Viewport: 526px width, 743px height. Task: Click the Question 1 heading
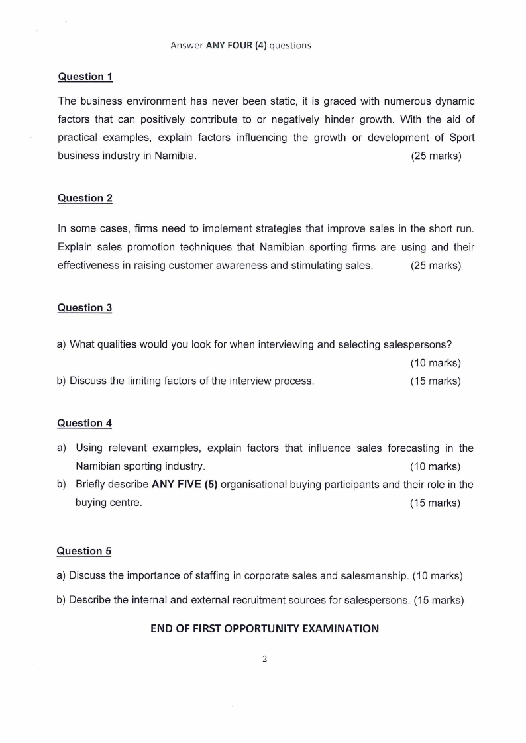(x=85, y=77)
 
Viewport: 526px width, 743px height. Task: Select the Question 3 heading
(x=85, y=308)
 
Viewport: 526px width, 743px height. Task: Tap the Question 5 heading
(x=84, y=551)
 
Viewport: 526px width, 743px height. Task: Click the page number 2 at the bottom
(x=264, y=659)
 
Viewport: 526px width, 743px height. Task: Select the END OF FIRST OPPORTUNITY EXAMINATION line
(x=264, y=629)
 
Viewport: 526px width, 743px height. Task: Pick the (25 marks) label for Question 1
(x=436, y=156)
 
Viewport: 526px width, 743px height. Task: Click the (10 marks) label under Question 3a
(x=435, y=363)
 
